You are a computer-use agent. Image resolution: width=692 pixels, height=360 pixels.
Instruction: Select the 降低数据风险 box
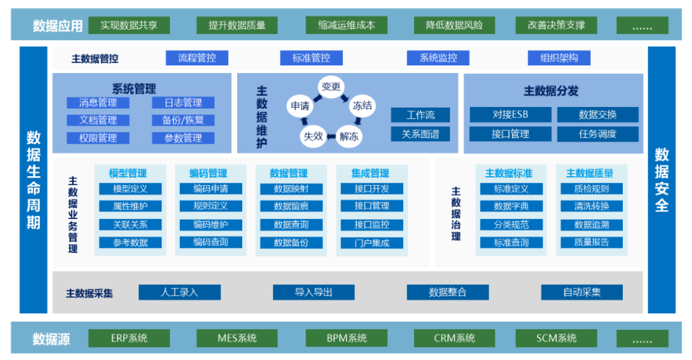pyautogui.click(x=454, y=26)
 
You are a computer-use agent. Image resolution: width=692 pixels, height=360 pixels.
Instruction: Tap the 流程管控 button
pyautogui.click(x=197, y=58)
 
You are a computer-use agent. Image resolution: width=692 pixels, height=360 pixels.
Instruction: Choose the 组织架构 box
pyautogui.click(x=559, y=58)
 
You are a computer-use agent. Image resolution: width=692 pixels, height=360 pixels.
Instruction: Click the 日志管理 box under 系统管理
pyautogui.click(x=183, y=103)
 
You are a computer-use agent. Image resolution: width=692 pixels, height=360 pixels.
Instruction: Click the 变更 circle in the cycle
pyautogui.click(x=331, y=87)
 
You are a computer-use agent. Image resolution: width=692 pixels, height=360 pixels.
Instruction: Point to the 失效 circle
pyautogui.click(x=313, y=136)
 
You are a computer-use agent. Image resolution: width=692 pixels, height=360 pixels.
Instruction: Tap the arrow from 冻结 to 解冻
pyautogui.click(x=359, y=122)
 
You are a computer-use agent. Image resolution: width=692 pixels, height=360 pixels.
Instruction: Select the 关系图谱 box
pyautogui.click(x=420, y=134)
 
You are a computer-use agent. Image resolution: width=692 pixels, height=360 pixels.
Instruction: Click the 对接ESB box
pyautogui.click(x=511, y=115)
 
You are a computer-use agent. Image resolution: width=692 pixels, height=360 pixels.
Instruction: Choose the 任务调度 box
pyautogui.click(x=597, y=134)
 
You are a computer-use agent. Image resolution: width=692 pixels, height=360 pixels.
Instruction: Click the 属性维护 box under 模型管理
pyautogui.click(x=130, y=206)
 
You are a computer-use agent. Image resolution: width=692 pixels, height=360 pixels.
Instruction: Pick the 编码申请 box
pyautogui.click(x=211, y=189)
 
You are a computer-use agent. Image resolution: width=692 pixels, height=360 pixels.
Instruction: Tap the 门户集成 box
pyautogui.click(x=372, y=243)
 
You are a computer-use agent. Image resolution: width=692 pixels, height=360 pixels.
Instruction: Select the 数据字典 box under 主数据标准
pyautogui.click(x=511, y=206)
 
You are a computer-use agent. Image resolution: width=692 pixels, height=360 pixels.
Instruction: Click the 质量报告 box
pyautogui.click(x=591, y=243)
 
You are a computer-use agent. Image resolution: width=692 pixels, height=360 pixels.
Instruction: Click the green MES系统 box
pyautogui.click(x=237, y=338)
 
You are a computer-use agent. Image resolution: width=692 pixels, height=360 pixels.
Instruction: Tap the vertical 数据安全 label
pyautogui.click(x=661, y=179)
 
